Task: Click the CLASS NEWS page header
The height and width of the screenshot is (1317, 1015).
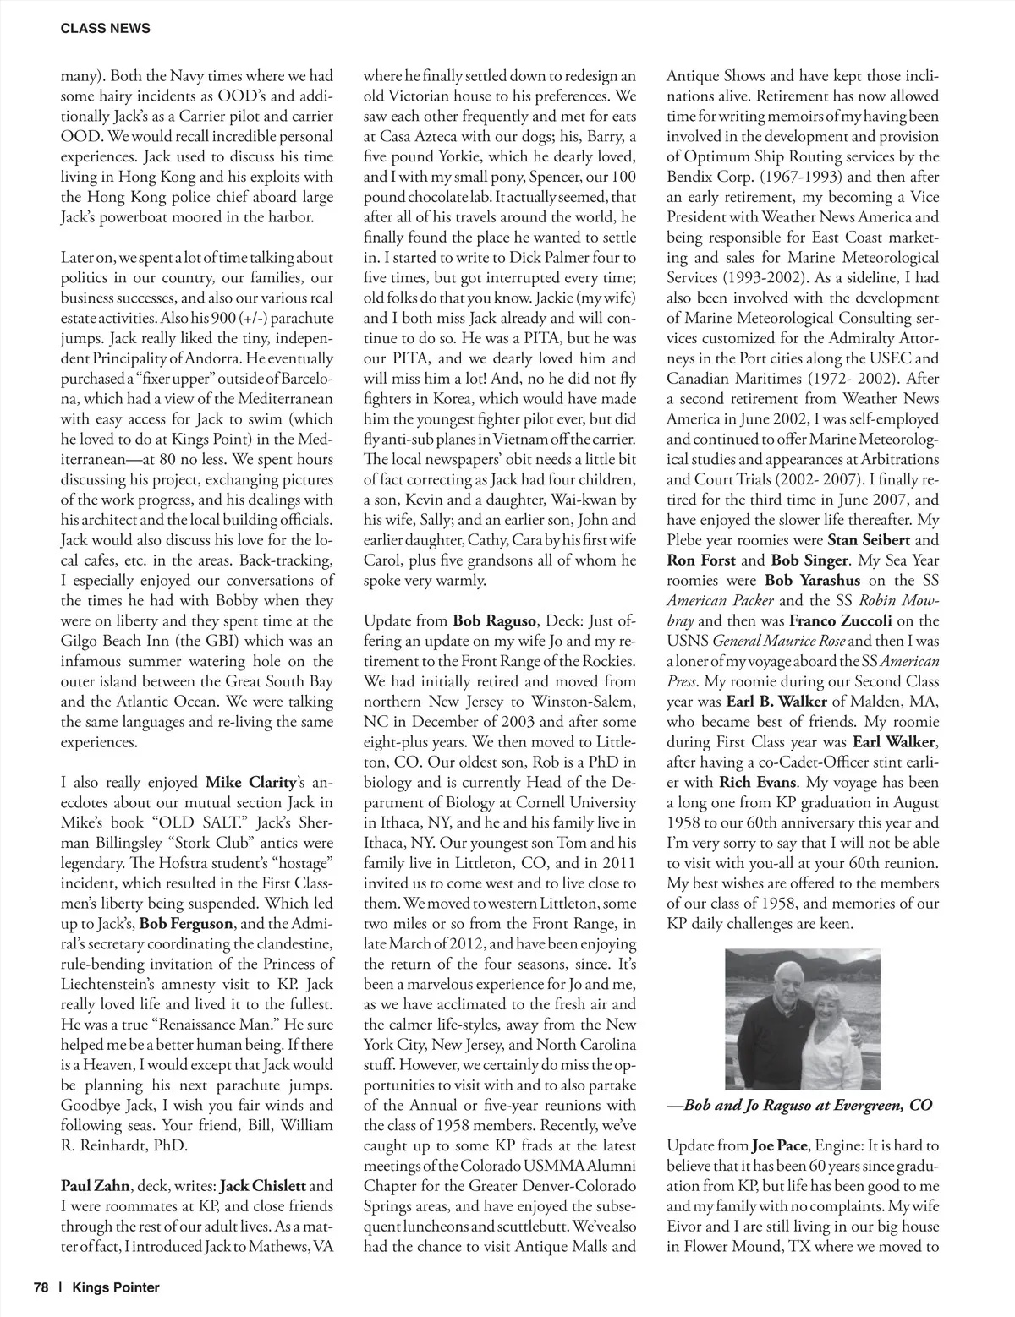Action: pos(106,28)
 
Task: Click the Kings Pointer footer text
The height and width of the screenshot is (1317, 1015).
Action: pos(116,1287)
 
